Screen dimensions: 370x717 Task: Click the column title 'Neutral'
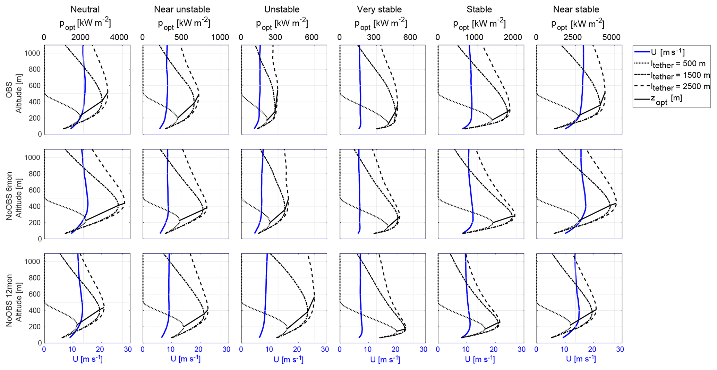[85, 9]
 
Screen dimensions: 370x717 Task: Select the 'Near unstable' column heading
[182, 9]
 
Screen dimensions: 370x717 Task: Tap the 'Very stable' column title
[379, 9]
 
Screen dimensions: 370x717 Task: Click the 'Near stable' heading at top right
[576, 9]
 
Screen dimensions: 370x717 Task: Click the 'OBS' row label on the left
[9, 89]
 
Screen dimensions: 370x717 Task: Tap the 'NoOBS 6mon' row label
[9, 194]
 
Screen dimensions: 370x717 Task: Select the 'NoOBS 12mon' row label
[9, 299]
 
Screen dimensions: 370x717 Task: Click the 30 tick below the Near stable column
[620, 350]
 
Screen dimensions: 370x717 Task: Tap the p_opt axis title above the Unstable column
[282, 24]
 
